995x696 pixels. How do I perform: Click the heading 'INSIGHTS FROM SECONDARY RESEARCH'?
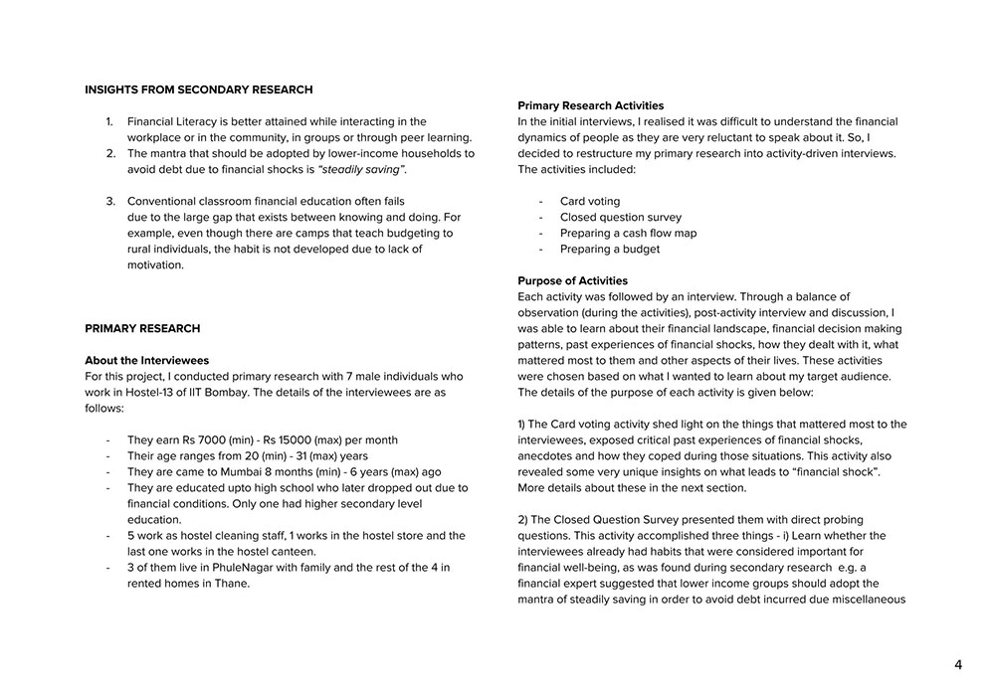pos(198,89)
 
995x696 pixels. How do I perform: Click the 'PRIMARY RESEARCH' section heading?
pos(142,328)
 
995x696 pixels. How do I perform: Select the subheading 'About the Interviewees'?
pos(146,360)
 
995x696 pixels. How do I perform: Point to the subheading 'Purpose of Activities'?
pos(572,280)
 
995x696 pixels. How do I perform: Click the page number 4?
pos(958,665)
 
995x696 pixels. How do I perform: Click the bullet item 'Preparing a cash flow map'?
pos(628,233)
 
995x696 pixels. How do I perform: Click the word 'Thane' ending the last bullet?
pos(233,583)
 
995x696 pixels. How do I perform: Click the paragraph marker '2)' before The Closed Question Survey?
pos(524,519)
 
